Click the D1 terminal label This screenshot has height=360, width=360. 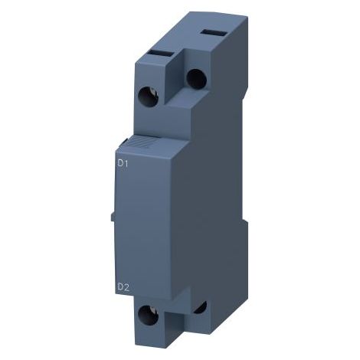(x=123, y=163)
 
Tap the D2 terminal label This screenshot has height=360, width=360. (x=123, y=287)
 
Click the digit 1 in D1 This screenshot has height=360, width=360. (x=126, y=163)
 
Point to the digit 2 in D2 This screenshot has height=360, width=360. (x=126, y=287)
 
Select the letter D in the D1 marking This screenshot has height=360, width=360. (x=120, y=163)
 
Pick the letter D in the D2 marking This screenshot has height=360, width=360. (x=120, y=287)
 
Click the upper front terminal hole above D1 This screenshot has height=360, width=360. (x=148, y=97)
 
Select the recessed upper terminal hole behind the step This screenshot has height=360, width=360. (x=196, y=79)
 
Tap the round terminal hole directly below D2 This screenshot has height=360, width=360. (x=148, y=316)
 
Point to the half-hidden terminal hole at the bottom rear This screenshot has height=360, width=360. (x=201, y=307)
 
